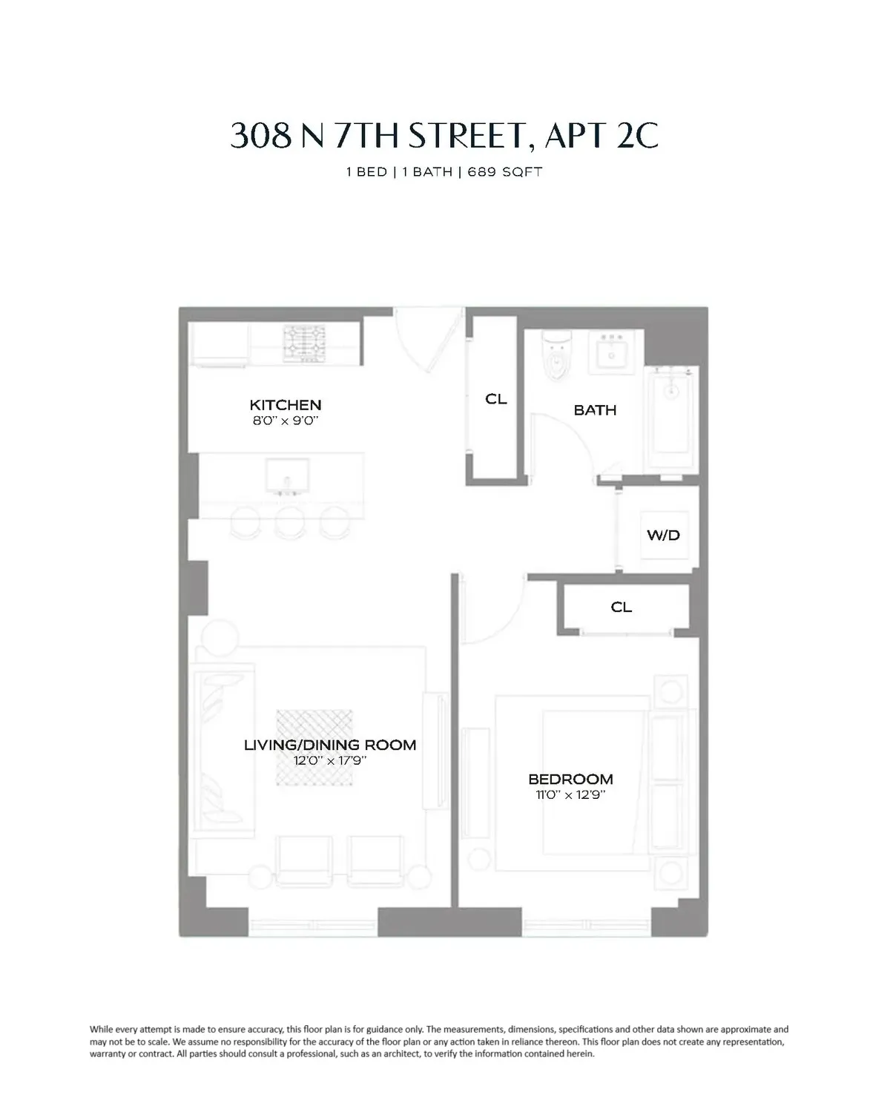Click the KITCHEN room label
tap(286, 405)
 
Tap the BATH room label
tap(595, 409)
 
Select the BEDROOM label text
tap(570, 779)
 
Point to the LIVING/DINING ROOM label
tap(330, 745)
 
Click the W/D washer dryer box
tap(664, 535)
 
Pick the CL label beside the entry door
tap(496, 398)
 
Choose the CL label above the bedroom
tap(622, 607)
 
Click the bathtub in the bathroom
tap(670, 419)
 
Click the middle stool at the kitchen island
tap(288, 521)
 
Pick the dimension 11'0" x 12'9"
tap(570, 794)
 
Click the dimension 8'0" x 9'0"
tap(286, 421)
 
